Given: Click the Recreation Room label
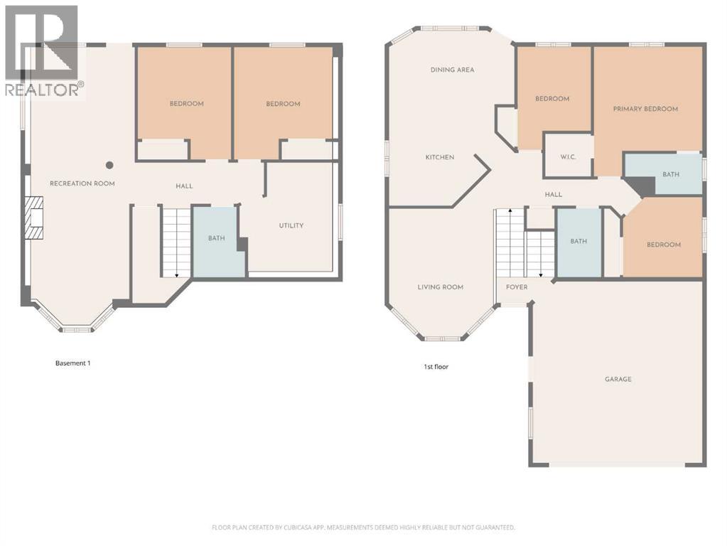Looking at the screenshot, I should (82, 184).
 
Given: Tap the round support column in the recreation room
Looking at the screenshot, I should (109, 165).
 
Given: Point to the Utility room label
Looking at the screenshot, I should (291, 226).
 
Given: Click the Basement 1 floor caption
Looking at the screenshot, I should (73, 363).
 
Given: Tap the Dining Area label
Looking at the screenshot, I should (452, 70).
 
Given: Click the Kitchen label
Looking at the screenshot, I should (440, 158).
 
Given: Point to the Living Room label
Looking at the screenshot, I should (440, 287).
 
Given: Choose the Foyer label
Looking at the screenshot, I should (517, 287).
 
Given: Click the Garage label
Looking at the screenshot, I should (618, 380).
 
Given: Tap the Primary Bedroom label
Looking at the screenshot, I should (645, 109).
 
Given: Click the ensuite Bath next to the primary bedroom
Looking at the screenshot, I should (670, 174).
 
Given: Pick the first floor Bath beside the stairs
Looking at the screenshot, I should (578, 242).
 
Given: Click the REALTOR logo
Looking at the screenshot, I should (43, 50).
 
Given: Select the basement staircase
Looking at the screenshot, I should (176, 242).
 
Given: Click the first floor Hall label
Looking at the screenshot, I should (553, 195).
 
